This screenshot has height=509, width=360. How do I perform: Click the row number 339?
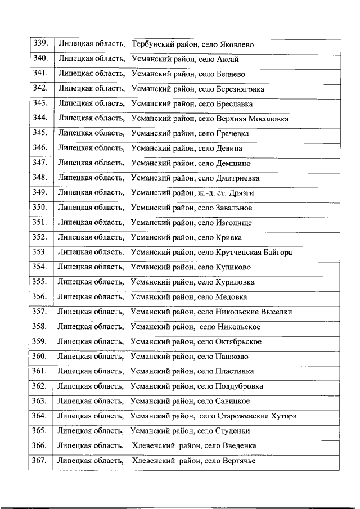40,43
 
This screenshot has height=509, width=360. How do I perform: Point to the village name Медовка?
231,297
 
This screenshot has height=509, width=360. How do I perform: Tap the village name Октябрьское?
238,341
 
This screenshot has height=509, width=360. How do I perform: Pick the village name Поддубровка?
239,386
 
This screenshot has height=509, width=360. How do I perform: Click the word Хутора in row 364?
283,416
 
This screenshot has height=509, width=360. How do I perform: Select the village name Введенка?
236,446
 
